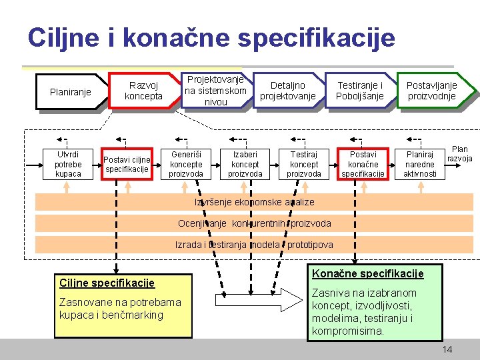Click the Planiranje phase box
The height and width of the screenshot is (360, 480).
(x=71, y=92)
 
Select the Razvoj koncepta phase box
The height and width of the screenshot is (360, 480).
(x=143, y=91)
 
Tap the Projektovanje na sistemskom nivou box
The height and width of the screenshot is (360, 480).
(x=215, y=91)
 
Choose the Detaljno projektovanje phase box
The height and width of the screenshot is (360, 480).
(x=287, y=91)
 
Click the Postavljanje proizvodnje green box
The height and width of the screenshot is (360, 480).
(x=431, y=91)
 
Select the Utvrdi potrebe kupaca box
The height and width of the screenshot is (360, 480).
(x=68, y=164)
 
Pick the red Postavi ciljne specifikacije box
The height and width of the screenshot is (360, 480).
(x=127, y=164)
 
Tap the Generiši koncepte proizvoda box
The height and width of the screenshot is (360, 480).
(x=186, y=164)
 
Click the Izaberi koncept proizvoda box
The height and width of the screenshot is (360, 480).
(x=245, y=164)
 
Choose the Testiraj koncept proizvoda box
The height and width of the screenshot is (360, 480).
(x=304, y=164)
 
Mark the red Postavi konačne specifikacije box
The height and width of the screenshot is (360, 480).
(x=363, y=164)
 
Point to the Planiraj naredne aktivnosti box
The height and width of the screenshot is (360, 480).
(x=421, y=164)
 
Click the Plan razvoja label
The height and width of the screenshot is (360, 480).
(x=460, y=154)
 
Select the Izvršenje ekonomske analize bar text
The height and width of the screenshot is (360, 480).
(x=254, y=202)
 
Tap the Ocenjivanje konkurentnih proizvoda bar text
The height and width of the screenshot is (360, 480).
(x=254, y=223)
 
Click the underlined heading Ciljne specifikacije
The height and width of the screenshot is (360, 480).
(x=107, y=283)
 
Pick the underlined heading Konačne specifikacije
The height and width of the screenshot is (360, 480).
(x=368, y=274)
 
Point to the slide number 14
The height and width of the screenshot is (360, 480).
(x=447, y=349)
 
